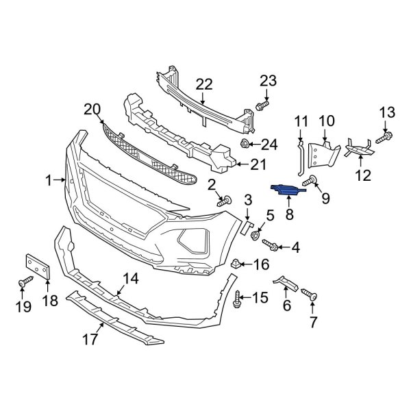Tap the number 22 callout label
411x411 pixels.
point(204,84)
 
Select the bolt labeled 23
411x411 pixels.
point(262,106)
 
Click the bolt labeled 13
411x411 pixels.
point(383,138)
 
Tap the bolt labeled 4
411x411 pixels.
point(269,245)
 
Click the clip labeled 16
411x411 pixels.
point(236,262)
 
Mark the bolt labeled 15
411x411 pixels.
point(238,297)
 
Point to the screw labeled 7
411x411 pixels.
point(312,297)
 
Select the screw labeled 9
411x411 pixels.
point(312,180)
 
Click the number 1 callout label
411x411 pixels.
point(49,180)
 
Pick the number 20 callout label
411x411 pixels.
point(92,109)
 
